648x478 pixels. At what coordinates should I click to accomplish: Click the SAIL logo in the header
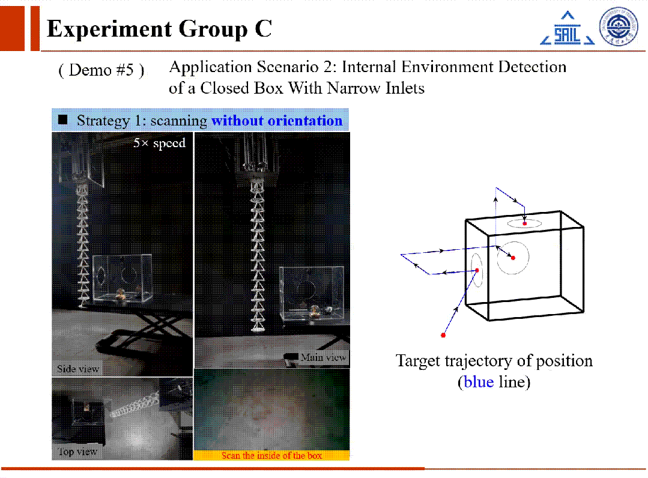coord(568,28)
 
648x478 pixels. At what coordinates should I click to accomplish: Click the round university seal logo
coord(619,26)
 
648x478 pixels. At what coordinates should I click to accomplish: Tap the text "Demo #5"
coord(101,70)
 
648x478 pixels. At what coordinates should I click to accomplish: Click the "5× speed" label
coord(160,143)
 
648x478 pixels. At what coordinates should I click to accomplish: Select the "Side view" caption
coord(77,369)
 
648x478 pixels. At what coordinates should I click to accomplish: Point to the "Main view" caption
coord(323,357)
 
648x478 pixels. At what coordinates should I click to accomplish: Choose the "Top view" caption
coord(77,452)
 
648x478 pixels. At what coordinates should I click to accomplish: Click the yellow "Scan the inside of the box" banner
coord(271,455)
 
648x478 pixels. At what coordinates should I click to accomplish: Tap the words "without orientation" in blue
coord(277,121)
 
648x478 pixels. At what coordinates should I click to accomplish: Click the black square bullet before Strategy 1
coord(63,120)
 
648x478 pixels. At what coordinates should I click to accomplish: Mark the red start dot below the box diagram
coord(443,335)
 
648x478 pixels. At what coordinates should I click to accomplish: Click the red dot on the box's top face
coord(524,223)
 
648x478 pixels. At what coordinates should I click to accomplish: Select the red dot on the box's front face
coord(513,258)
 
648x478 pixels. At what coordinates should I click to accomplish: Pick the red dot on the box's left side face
coord(477,270)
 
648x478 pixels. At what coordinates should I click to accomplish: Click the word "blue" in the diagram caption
coord(479,382)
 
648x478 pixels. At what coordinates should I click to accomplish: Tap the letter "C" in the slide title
coord(263,29)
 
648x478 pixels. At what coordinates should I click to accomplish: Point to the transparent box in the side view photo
coord(122,278)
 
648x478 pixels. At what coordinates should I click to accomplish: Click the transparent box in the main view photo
coord(312,292)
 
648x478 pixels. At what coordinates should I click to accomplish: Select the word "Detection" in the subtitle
coord(532,67)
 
